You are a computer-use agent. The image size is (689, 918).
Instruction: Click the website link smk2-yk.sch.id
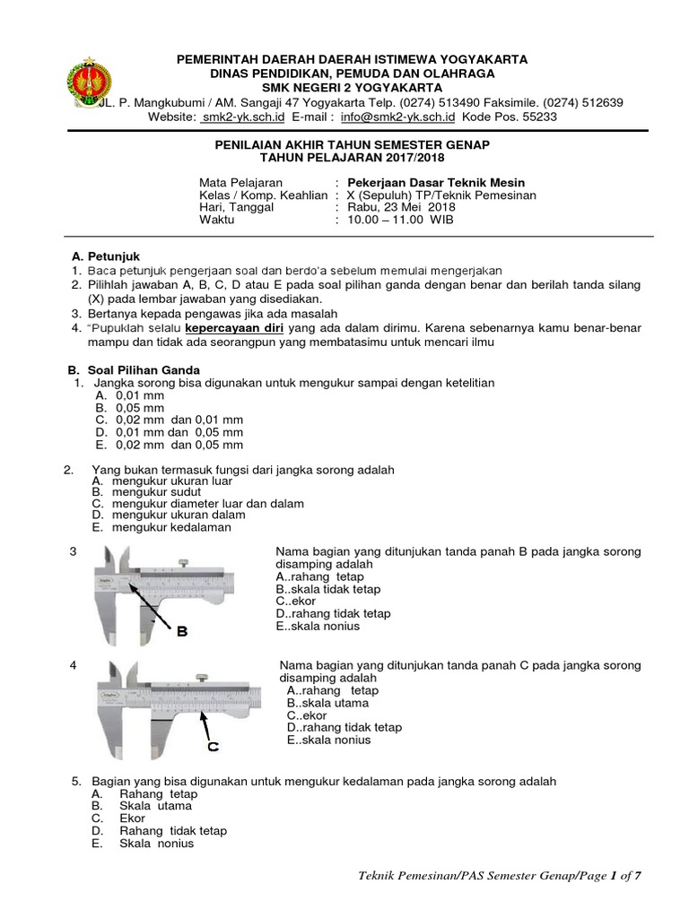(x=242, y=117)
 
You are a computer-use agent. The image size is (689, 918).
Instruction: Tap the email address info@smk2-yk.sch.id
(x=405, y=117)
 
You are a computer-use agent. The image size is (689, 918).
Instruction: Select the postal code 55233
(x=540, y=117)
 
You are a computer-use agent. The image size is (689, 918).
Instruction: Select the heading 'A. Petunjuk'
(x=105, y=256)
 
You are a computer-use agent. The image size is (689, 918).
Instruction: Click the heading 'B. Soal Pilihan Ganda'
(x=135, y=369)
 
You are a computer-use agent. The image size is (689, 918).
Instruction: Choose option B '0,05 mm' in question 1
(x=135, y=407)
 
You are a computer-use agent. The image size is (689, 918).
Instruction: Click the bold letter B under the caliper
(x=182, y=632)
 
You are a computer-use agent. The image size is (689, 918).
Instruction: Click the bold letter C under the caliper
(x=214, y=745)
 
